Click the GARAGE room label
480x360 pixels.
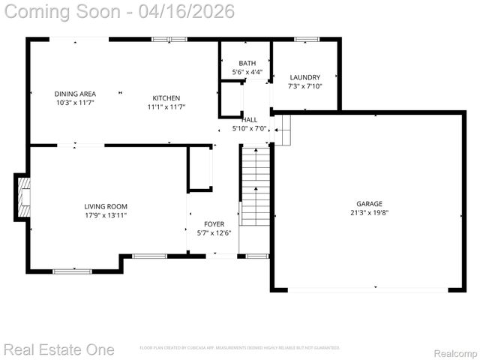[x=369, y=203]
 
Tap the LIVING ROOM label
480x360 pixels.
[x=105, y=206]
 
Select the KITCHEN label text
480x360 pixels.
[x=166, y=98]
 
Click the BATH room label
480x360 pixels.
[x=247, y=63]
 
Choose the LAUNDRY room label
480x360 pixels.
[x=304, y=77]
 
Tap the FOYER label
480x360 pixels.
[x=214, y=224]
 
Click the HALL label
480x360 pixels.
[x=249, y=119]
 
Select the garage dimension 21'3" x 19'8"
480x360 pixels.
[x=369, y=212]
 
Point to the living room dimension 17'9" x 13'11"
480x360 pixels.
[x=105, y=215]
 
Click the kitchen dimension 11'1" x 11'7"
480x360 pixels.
[x=166, y=107]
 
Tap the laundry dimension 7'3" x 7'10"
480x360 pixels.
[x=304, y=86]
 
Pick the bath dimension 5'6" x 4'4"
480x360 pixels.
[x=247, y=72]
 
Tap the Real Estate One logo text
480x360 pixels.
[x=58, y=349]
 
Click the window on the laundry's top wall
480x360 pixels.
[x=306, y=39]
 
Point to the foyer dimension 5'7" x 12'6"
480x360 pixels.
[x=214, y=233]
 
